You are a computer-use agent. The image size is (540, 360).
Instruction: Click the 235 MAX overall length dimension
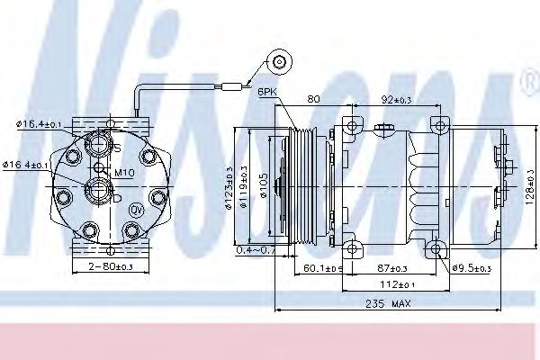388,303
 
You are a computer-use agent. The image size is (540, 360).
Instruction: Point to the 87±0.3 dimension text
391,269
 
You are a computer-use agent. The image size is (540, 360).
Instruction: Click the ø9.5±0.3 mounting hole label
471,269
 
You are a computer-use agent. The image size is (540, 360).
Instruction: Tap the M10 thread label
122,172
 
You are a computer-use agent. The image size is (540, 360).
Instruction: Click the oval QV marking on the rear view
138,210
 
